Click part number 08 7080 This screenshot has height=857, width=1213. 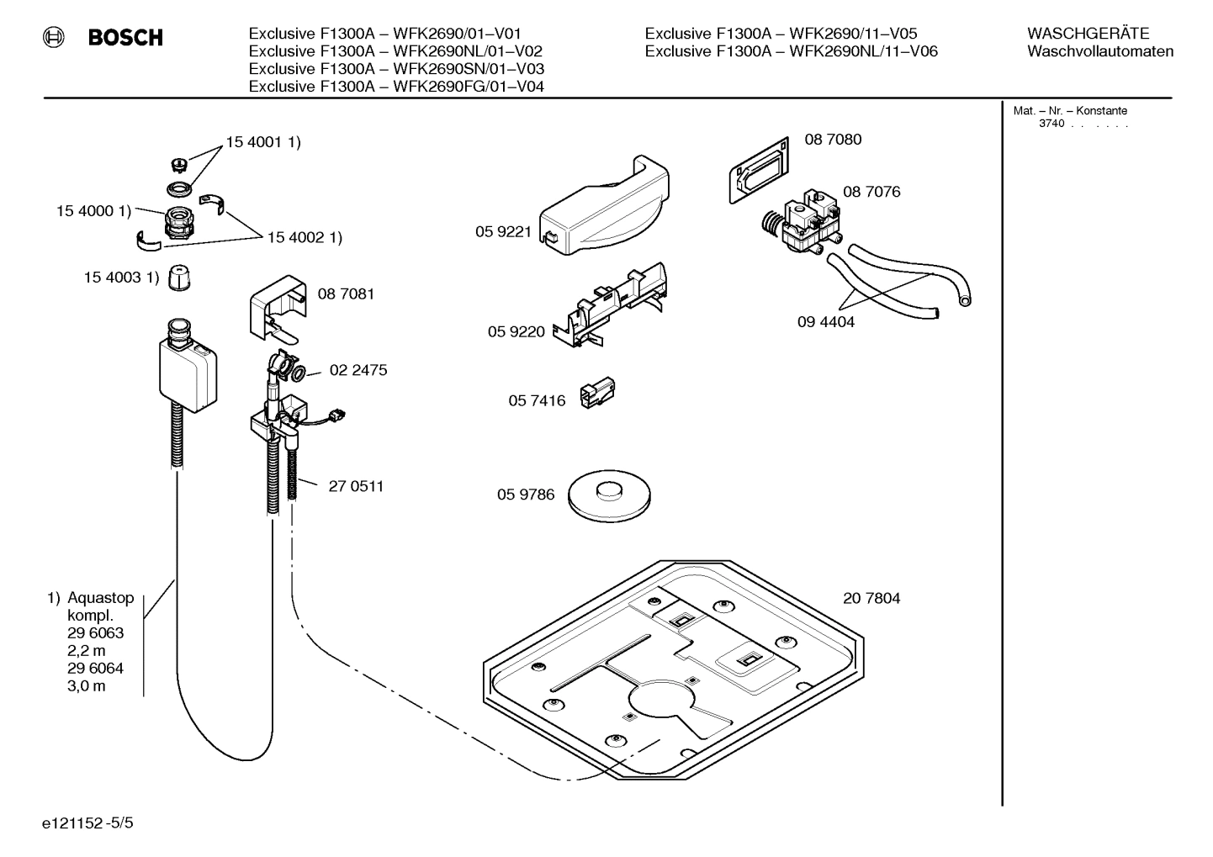pos(833,140)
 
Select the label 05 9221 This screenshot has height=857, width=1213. pos(503,231)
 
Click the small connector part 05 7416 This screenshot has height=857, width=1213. pos(598,393)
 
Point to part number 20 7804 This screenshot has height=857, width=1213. pos(871,599)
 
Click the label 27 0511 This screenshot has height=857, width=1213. pos(356,486)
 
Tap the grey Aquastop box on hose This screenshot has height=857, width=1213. pos(189,374)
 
